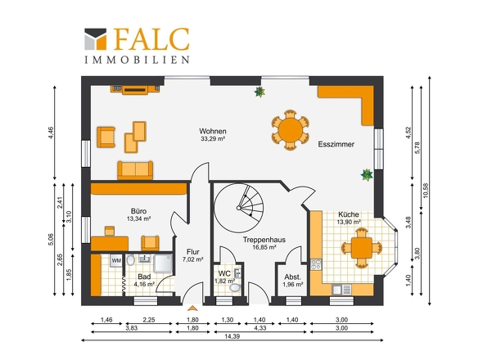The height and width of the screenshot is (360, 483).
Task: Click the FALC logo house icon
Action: (96, 39)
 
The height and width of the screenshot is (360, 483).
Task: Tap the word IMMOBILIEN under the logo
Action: (137, 60)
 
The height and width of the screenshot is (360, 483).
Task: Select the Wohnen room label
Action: (213, 131)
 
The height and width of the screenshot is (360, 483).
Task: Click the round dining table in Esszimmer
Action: (290, 130)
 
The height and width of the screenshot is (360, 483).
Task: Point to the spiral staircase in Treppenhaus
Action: (239, 208)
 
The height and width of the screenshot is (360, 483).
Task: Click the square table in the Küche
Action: (362, 248)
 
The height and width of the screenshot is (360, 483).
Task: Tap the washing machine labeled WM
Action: (116, 260)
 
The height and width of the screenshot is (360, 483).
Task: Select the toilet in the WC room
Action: (235, 288)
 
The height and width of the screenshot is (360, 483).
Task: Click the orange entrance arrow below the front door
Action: (192, 308)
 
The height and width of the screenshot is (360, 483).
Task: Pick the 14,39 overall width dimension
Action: (232, 336)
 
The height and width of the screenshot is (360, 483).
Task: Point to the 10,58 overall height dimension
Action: (426, 191)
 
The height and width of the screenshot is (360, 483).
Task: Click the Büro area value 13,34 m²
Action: (138, 219)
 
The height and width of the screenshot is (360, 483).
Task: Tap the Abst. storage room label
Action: (292, 277)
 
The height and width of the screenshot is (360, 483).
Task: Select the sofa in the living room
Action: (135, 170)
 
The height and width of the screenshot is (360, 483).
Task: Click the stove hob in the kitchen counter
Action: (316, 264)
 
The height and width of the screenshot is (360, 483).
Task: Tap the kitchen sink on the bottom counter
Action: (341, 290)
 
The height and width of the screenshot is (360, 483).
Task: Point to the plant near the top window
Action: (260, 92)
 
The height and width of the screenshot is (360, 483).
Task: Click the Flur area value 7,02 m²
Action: (193, 259)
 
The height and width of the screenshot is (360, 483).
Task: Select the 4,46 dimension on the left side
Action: (51, 133)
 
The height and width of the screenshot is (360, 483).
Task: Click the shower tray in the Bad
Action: (163, 263)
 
